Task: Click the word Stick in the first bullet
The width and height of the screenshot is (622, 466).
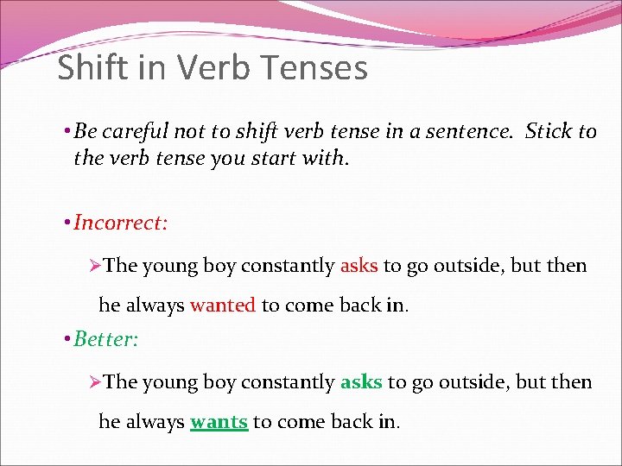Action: click(x=549, y=131)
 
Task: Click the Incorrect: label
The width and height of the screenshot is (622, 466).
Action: click(x=120, y=223)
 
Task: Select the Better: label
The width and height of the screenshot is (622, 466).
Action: click(x=105, y=338)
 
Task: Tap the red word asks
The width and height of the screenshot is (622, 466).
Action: click(x=359, y=266)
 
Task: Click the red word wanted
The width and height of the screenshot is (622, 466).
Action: click(x=223, y=305)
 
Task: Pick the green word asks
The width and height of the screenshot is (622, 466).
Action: click(x=361, y=381)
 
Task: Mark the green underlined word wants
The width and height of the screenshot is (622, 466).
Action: click(x=219, y=422)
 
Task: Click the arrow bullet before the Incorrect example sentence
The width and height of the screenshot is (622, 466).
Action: click(x=96, y=266)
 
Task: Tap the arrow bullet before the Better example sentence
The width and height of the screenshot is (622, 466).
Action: click(x=96, y=381)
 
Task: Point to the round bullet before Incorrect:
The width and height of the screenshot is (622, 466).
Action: click(x=67, y=223)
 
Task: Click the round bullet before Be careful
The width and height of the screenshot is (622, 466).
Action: click(x=67, y=131)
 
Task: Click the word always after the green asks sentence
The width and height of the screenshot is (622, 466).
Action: click(x=155, y=422)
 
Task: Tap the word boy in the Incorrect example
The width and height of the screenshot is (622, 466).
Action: click(x=219, y=266)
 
